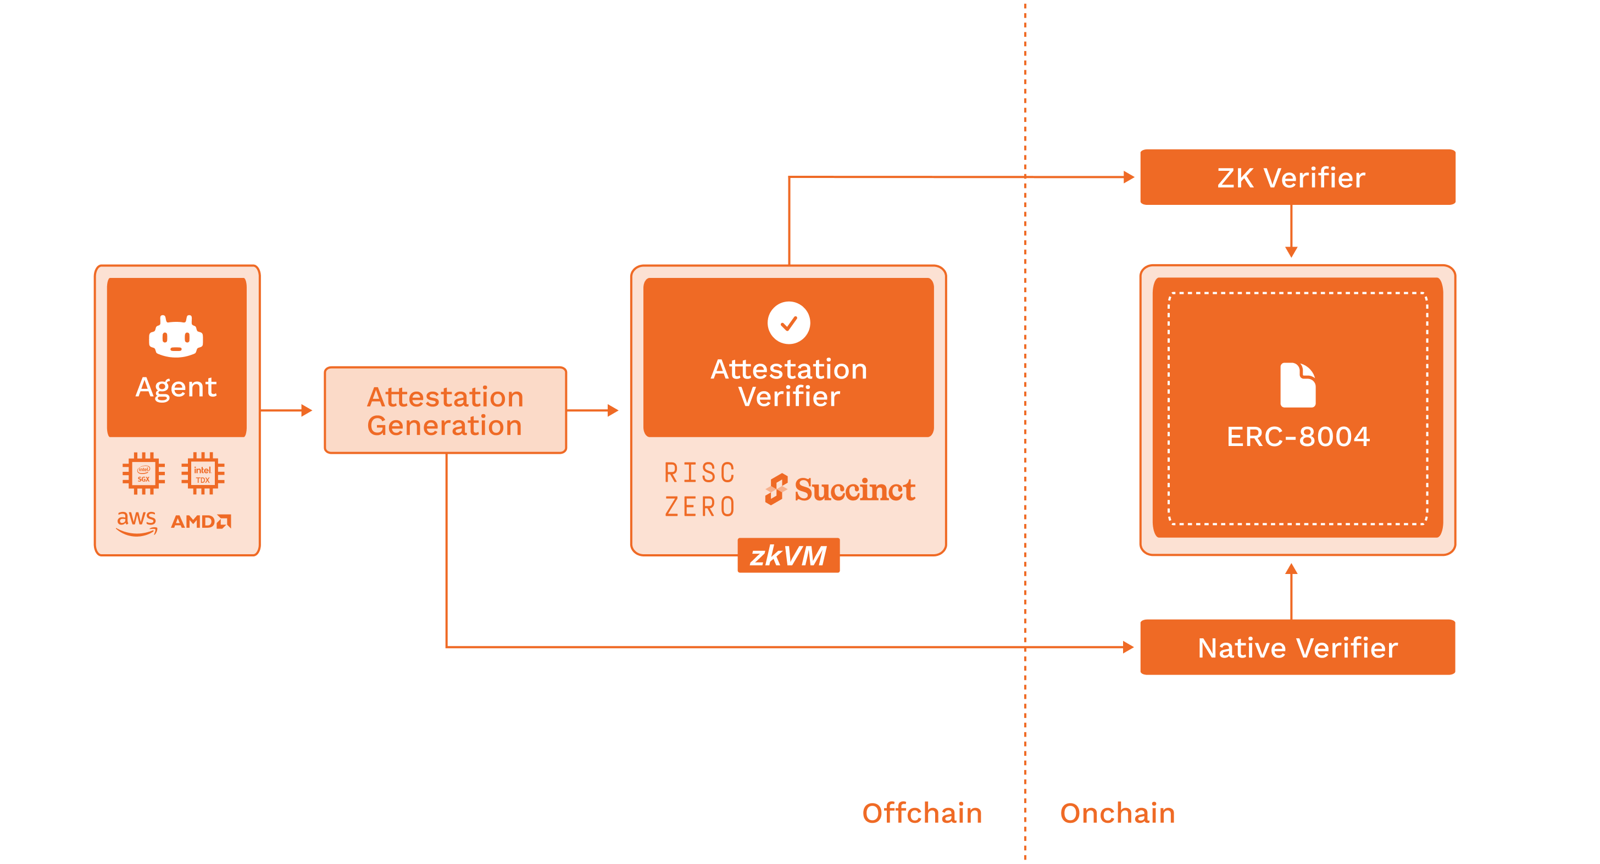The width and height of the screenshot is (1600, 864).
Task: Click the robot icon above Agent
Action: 176,336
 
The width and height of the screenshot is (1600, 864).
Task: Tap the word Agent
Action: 176,387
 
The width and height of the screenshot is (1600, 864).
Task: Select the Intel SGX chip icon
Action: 143,473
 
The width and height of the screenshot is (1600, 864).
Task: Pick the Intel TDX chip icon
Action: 203,473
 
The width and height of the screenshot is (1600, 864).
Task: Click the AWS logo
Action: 137,522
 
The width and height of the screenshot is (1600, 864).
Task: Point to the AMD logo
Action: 201,521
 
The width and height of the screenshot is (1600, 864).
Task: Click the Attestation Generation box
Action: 446,410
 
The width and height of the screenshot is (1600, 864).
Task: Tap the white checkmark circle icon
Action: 788,323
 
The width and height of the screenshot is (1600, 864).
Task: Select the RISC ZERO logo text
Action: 700,490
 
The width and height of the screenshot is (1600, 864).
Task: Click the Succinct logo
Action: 840,490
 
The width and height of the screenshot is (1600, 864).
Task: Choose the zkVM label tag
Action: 788,555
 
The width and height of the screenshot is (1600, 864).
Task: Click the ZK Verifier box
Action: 1297,177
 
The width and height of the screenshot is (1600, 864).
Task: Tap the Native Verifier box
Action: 1297,648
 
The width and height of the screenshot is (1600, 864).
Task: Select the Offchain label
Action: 922,813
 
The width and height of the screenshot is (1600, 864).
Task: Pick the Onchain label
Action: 1118,813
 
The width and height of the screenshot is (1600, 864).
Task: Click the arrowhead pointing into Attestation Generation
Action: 306,410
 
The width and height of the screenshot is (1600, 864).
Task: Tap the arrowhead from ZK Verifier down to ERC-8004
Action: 1291,252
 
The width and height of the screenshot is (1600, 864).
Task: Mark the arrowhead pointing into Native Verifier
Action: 1129,648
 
